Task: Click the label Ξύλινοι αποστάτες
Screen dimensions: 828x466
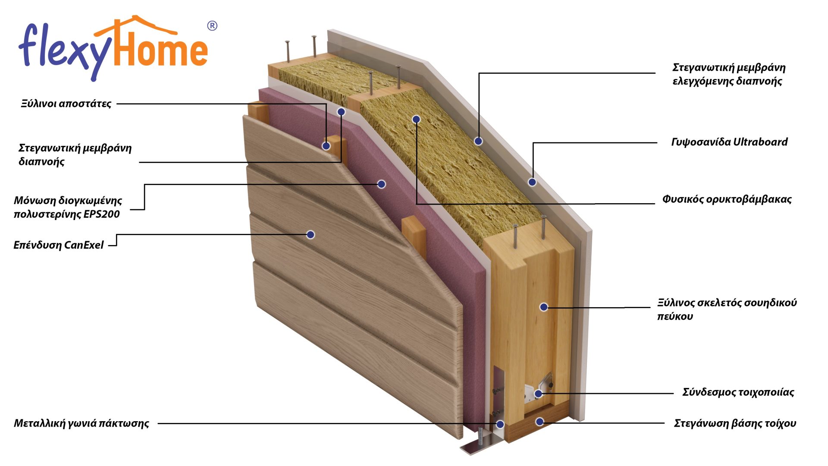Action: pyautogui.click(x=66, y=104)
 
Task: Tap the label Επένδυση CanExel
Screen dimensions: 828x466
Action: pyautogui.click(x=59, y=245)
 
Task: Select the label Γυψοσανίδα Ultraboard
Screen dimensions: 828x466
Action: pyautogui.click(x=729, y=142)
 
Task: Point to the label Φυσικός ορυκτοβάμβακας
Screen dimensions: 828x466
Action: pyautogui.click(x=727, y=199)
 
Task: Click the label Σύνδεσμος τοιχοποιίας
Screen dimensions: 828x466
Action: pyautogui.click(x=738, y=392)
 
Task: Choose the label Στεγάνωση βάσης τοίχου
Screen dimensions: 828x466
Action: pyautogui.click(x=735, y=423)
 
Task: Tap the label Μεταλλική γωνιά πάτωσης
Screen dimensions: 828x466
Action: pyautogui.click(x=82, y=423)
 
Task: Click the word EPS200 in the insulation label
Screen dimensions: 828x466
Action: pyautogui.click(x=102, y=214)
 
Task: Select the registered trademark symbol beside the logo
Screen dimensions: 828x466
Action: pyautogui.click(x=212, y=26)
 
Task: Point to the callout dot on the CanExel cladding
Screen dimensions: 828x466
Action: pyautogui.click(x=310, y=235)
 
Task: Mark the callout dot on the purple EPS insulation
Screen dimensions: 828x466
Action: pyautogui.click(x=381, y=184)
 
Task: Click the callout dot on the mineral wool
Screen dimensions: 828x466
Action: pyautogui.click(x=416, y=119)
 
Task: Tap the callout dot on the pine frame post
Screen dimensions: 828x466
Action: pyautogui.click(x=544, y=307)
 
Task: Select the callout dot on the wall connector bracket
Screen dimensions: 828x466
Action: pyautogui.click(x=538, y=394)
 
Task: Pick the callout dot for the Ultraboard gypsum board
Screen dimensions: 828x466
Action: pyautogui.click(x=532, y=182)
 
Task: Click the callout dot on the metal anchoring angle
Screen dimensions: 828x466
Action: pyautogui.click(x=500, y=424)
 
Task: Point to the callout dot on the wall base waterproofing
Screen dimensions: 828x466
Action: pyautogui.click(x=539, y=422)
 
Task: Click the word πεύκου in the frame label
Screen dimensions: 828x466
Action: pyautogui.click(x=675, y=317)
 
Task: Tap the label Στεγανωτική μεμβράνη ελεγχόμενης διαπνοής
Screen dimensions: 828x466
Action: pyautogui.click(x=729, y=74)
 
